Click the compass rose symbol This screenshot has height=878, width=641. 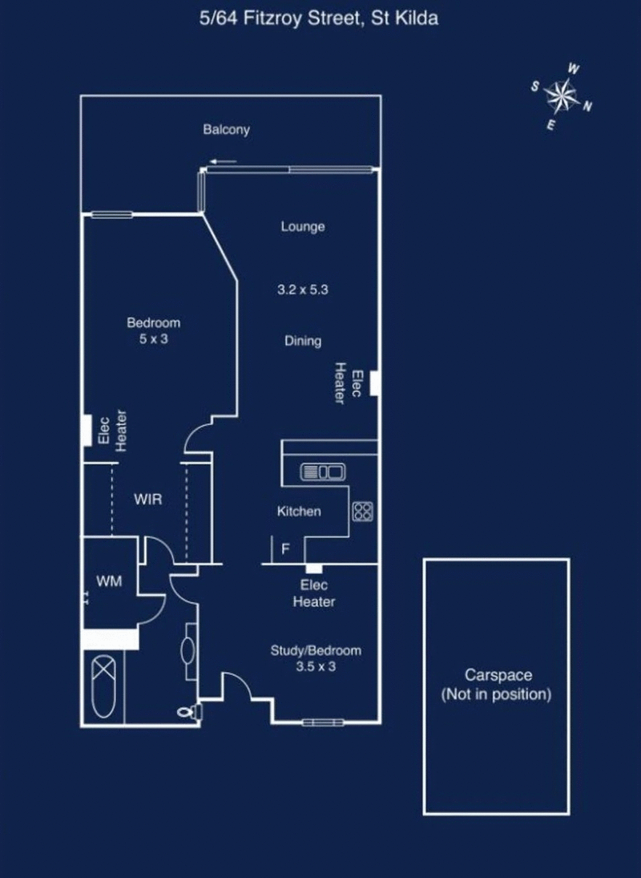[562, 97]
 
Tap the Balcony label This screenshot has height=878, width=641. [226, 129]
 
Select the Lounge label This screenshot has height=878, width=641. [303, 227]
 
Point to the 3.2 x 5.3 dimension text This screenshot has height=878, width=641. [303, 290]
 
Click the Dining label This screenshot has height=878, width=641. [303, 341]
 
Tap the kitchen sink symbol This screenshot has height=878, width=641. [322, 472]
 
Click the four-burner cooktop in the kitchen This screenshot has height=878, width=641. [362, 511]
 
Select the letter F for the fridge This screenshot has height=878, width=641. [284, 550]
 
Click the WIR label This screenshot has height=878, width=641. [148, 500]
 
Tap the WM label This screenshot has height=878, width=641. [109, 581]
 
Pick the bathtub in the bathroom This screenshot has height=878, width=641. [106, 687]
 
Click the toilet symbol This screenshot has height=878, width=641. [187, 710]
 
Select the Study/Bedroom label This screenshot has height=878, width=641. [316, 650]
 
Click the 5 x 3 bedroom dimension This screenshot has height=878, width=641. [153, 338]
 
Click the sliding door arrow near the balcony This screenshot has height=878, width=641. [224, 162]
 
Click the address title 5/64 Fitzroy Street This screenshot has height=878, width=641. [320, 19]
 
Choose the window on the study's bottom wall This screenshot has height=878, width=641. [323, 722]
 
